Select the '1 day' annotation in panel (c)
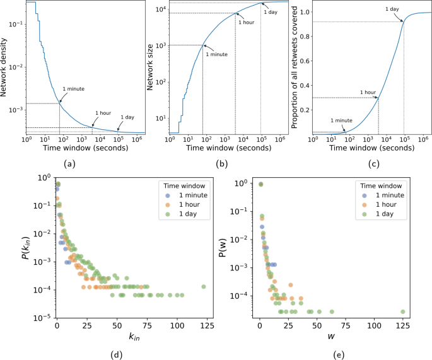point(392,9)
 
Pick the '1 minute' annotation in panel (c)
point(342,120)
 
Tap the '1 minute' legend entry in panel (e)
point(385,195)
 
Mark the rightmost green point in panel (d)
point(204,286)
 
